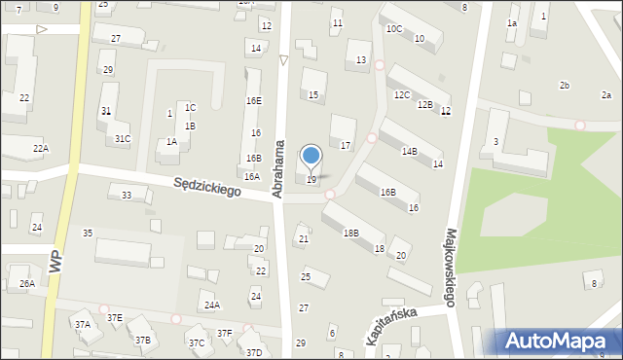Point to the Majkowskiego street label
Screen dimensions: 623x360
pos(452,268)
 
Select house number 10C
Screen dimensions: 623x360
pos(393,29)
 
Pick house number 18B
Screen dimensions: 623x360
pos(350,234)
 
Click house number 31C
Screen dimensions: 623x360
pos(123,139)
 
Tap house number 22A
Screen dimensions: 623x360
pos(40,148)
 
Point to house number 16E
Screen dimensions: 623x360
pos(253,101)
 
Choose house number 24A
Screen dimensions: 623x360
pos(211,305)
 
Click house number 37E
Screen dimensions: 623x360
pos(114,317)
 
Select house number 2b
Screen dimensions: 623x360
pos(564,87)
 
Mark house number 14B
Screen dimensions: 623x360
pos(410,152)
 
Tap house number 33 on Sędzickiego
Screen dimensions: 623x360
pos(126,196)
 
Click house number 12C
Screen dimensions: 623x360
pos(401,95)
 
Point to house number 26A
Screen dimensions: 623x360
pos(26,284)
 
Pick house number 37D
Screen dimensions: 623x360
pos(254,352)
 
